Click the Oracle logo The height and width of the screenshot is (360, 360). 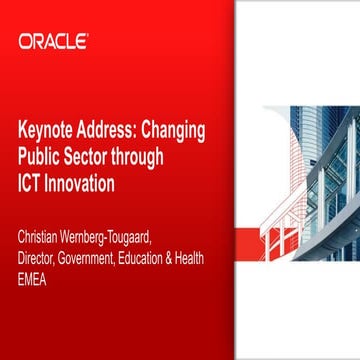52,41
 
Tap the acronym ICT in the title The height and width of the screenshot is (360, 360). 31,185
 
